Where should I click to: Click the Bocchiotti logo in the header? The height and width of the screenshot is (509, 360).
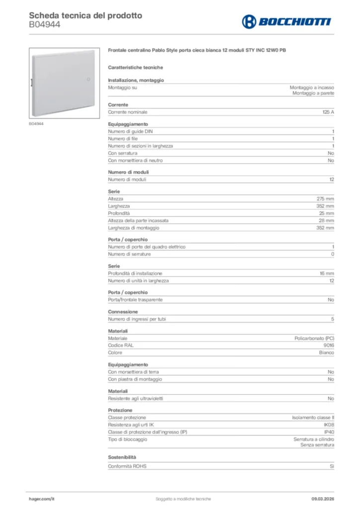click(x=286, y=21)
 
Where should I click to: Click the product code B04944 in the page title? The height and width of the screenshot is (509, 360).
click(x=45, y=24)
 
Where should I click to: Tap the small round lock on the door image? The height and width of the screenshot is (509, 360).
click(x=89, y=80)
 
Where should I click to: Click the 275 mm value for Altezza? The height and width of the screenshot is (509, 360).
click(x=326, y=199)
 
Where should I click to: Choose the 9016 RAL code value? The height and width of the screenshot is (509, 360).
click(x=329, y=345)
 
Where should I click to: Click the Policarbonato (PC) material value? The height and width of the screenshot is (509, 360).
click(x=314, y=338)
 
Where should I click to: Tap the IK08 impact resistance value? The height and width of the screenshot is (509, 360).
click(x=329, y=425)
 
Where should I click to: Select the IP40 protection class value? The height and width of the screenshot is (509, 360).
click(x=329, y=432)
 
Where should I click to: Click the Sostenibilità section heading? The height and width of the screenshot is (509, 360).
click(x=122, y=457)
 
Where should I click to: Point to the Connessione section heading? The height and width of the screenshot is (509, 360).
click(x=123, y=312)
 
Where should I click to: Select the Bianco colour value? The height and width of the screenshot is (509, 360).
click(x=326, y=352)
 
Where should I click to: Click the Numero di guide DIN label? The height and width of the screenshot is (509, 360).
click(x=131, y=132)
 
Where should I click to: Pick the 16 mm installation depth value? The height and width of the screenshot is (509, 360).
click(x=327, y=273)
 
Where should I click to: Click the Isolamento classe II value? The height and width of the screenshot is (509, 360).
click(x=313, y=418)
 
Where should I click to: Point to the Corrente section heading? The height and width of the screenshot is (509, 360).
click(x=118, y=105)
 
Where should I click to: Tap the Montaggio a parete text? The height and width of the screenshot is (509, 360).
click(x=313, y=93)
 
